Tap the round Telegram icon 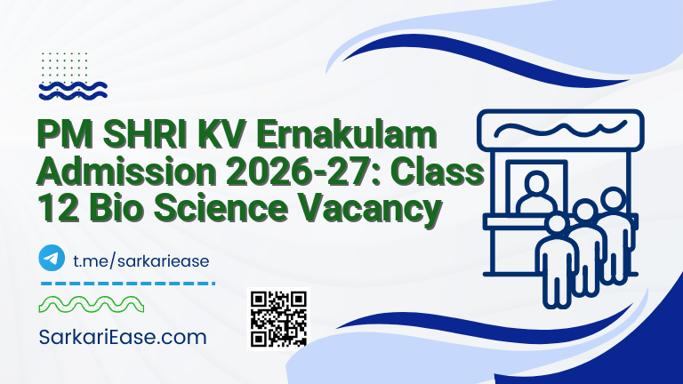[52, 259]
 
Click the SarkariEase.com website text [124, 338]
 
